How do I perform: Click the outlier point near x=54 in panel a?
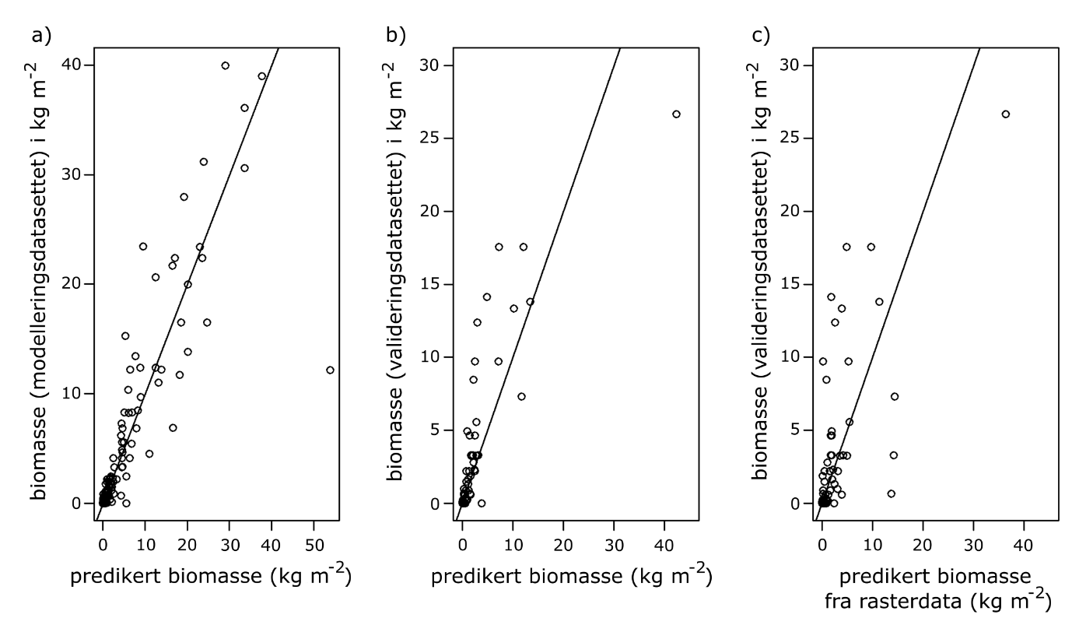[x=330, y=370]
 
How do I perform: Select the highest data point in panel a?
[x=226, y=65]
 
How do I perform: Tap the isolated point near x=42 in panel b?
[x=676, y=114]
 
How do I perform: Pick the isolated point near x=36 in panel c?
[x=1005, y=114]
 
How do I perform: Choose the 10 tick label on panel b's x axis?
[x=513, y=538]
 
